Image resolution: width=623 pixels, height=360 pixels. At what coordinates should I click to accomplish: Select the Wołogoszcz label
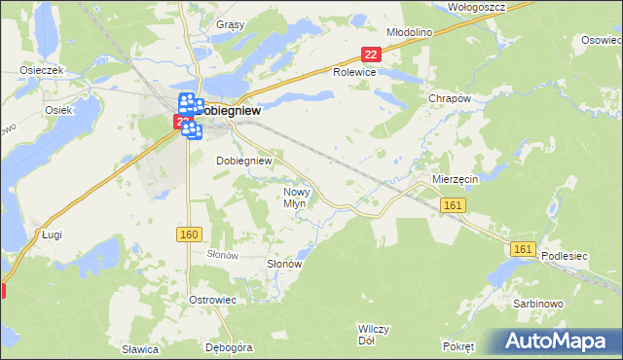473,6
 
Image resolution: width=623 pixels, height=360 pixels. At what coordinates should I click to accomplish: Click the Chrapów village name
450,99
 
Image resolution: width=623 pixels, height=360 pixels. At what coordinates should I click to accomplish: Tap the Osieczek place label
42,70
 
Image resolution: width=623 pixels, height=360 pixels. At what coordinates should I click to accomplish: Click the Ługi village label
52,234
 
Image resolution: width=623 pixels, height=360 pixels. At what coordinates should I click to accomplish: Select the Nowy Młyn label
294,198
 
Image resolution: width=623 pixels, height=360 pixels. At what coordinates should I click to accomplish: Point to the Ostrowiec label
214,299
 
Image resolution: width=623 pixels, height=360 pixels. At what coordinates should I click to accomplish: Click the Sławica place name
140,346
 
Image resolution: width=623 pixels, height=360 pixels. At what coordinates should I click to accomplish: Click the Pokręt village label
458,346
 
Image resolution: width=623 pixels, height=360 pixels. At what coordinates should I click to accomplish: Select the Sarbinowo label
537,304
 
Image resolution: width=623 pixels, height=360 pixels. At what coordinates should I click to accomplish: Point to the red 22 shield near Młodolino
369,55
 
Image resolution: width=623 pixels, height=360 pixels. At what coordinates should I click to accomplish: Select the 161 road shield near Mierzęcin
453,204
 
